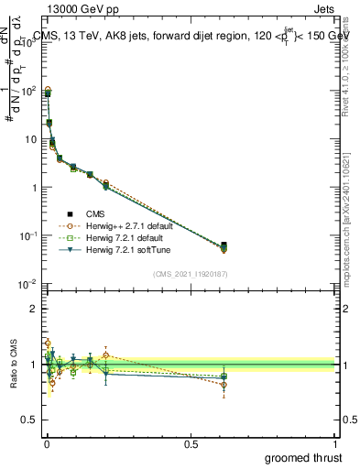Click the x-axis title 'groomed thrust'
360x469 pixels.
pyautogui.click(x=304, y=456)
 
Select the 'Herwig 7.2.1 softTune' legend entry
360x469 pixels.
pyautogui.click(x=123, y=249)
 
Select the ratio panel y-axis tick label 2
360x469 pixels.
pyautogui.click(x=33, y=309)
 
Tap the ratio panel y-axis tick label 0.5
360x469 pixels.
pyautogui.click(x=28, y=420)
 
